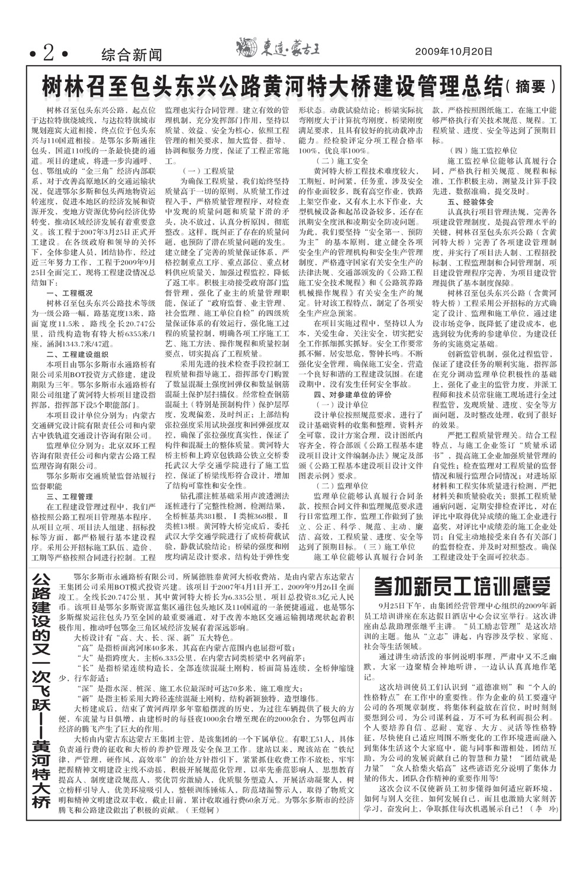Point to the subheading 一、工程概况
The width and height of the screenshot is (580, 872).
click(x=69, y=293)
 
